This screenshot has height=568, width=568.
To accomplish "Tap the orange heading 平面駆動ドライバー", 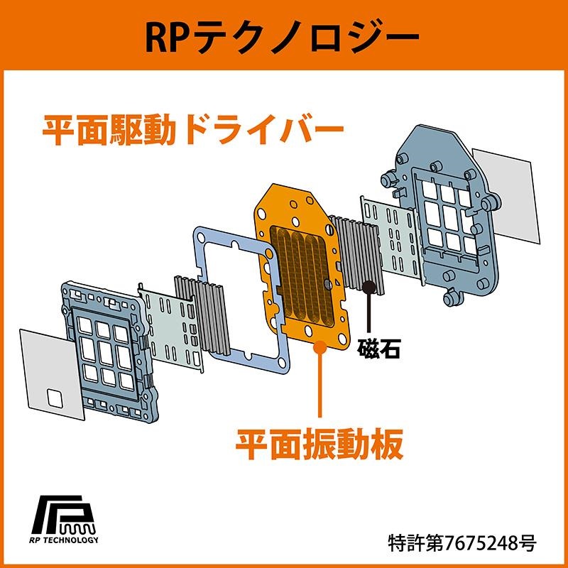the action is tap(192, 131).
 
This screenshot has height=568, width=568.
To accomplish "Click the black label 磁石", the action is tap(379, 349).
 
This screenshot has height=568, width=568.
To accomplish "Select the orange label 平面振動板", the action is tap(319, 444).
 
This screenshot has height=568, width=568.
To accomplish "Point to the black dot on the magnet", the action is tap(369, 288).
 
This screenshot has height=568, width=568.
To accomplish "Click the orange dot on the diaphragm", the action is tap(319, 347).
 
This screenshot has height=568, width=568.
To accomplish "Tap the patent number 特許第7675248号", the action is tap(462, 543).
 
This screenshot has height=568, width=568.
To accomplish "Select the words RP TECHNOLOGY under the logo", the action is tap(64, 540).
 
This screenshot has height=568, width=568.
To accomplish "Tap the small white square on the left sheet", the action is tap(55, 398).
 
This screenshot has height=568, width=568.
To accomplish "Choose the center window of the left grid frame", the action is tap(106, 353).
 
